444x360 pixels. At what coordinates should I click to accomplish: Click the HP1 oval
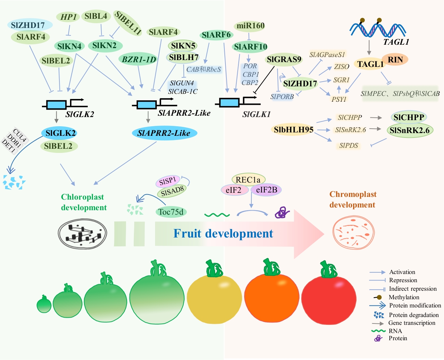point(68,17)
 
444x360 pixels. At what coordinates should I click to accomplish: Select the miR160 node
point(250,26)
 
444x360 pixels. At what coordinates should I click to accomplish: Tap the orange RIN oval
point(395,60)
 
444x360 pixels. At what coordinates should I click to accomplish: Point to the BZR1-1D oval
point(139,60)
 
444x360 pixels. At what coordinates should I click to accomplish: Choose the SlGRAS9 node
point(284,60)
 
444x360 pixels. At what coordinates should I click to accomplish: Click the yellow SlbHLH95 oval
point(293,130)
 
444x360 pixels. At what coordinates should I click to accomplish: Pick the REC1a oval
point(248,179)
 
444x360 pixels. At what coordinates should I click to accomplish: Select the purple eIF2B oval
point(266,190)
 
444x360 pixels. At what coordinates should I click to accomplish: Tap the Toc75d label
point(171,212)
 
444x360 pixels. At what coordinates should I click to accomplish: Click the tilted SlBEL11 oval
point(128,23)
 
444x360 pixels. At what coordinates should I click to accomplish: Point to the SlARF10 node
point(250,47)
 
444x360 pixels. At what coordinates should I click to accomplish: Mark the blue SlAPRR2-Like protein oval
point(164,133)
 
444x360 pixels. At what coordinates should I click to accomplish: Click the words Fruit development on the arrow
point(223,234)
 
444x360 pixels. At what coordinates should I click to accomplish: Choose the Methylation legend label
point(404,297)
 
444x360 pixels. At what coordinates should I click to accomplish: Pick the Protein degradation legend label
point(414,315)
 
